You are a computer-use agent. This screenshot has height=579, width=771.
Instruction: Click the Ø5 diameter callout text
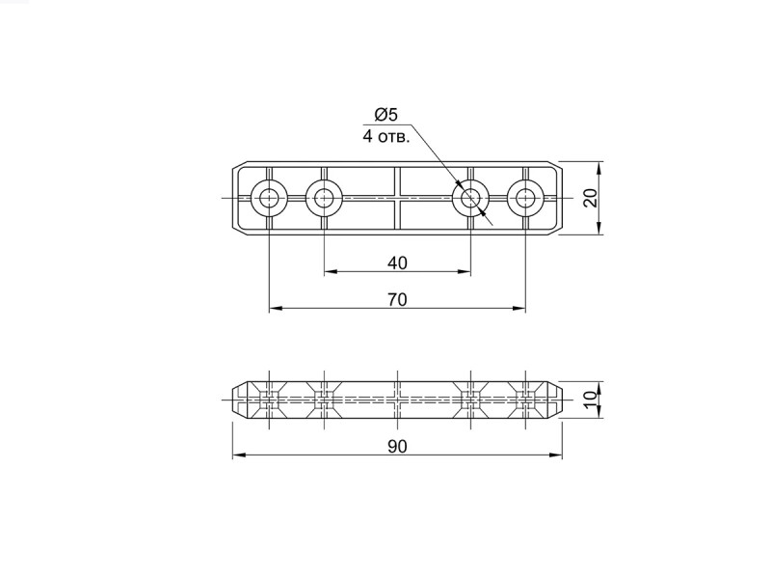pos(386,115)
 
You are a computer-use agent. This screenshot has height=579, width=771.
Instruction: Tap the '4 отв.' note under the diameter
pos(386,136)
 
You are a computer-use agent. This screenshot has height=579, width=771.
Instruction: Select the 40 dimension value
pos(397,262)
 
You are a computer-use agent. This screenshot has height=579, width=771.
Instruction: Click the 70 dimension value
pos(397,299)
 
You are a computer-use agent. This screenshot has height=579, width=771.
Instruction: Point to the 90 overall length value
pos(397,446)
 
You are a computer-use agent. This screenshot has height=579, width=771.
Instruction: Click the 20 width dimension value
pos(592,198)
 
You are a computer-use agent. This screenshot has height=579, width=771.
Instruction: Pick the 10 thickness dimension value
pos(592,396)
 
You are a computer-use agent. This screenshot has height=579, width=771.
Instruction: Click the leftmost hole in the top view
pos(269,199)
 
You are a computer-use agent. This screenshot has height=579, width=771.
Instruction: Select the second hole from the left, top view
pos(324,199)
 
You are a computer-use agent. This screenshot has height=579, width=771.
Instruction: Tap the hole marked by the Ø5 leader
pos(470,199)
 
